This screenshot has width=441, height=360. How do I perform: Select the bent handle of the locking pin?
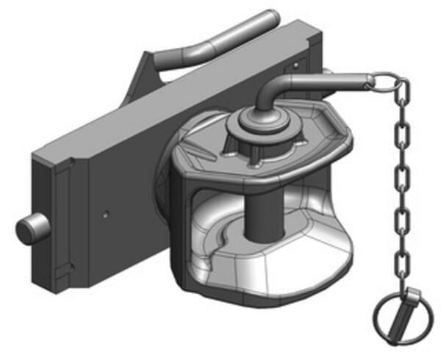[x=309, y=81]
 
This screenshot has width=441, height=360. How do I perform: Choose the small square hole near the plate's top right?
[x=295, y=65]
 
